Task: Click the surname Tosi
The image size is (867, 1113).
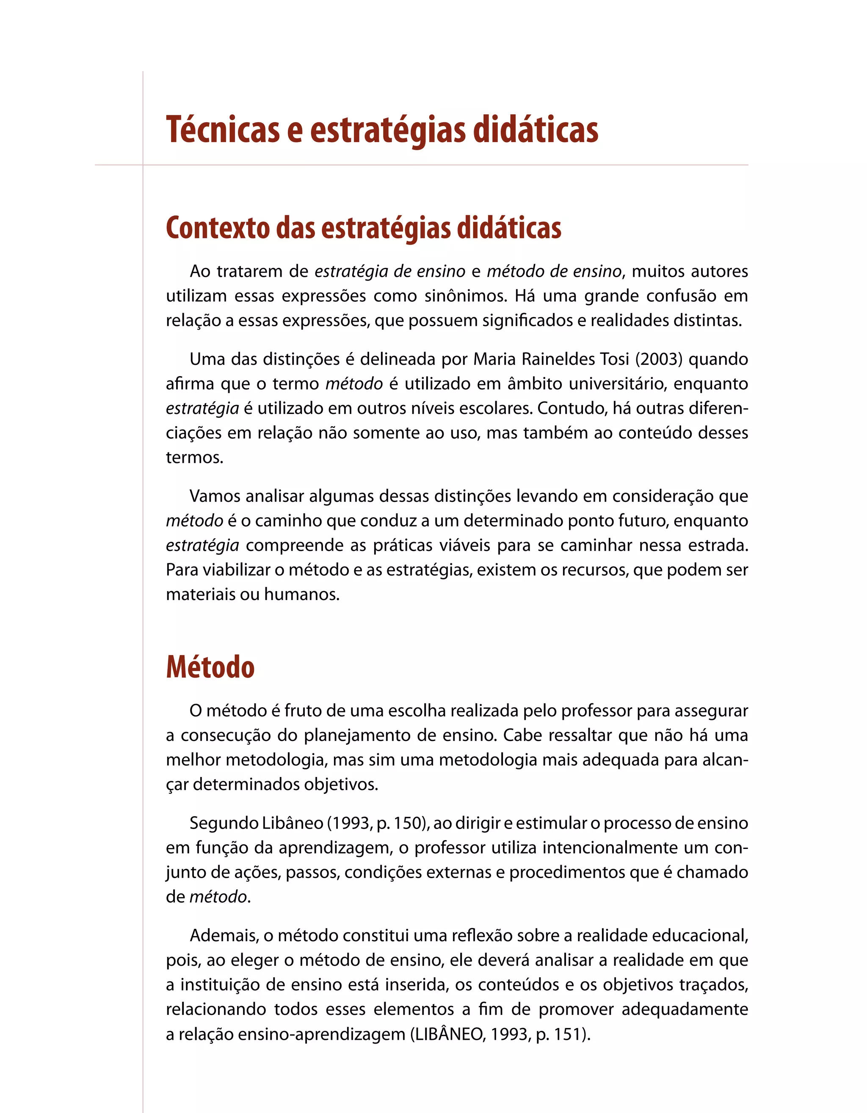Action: click(x=615, y=359)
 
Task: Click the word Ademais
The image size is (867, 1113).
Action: click(x=224, y=936)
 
